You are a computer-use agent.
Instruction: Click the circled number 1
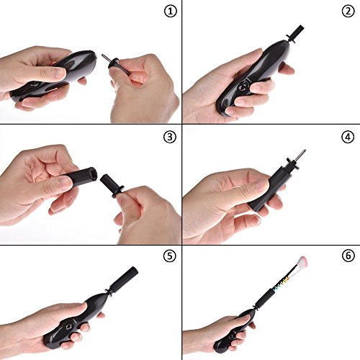tap(171, 12)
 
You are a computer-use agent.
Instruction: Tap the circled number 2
tap(348, 11)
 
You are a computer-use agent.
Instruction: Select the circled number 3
tap(170, 137)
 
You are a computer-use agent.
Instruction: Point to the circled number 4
tap(348, 137)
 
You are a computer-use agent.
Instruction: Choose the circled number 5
tap(170, 256)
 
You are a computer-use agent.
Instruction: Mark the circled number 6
tap(348, 256)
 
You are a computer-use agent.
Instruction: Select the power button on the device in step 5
tap(68, 327)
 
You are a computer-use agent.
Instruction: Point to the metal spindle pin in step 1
tap(105, 58)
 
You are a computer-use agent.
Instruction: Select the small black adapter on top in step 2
tap(295, 35)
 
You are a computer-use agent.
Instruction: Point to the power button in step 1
tap(35, 84)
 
